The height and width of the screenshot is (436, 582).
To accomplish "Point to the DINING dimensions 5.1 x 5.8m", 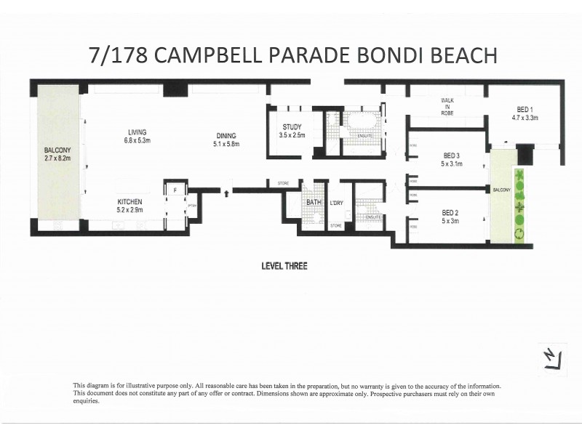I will pyautogui.click(x=226, y=145).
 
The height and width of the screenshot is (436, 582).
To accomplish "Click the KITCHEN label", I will pyautogui.click(x=129, y=201).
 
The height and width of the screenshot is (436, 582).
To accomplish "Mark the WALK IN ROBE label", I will pyautogui.click(x=447, y=108).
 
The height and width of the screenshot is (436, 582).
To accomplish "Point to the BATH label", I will pyautogui.click(x=314, y=203).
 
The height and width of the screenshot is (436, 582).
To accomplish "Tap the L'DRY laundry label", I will pyautogui.click(x=336, y=203).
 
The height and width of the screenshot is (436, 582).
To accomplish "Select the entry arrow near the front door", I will pyautogui.click(x=230, y=193).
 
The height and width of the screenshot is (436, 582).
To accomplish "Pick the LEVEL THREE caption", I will pyautogui.click(x=284, y=266).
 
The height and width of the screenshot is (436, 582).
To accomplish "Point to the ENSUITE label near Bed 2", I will pyautogui.click(x=373, y=217).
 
